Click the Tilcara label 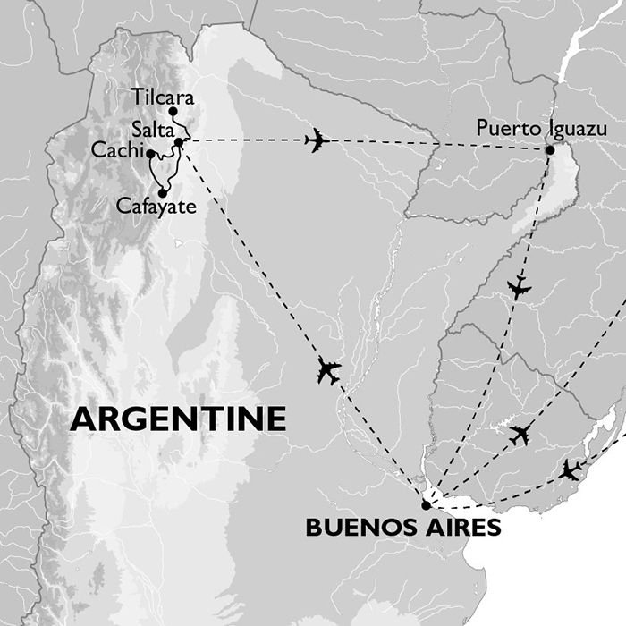click(x=161, y=96)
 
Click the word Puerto click(x=508, y=131)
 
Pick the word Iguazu click(x=576, y=131)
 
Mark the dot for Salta click(x=180, y=142)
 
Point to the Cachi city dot click(x=149, y=154)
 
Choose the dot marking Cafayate click(x=163, y=192)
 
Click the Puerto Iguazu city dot click(x=549, y=149)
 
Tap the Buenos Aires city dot click(x=426, y=504)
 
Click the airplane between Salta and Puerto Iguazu click(x=317, y=140)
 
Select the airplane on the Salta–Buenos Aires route click(x=329, y=370)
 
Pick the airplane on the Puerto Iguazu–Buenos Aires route click(x=519, y=288)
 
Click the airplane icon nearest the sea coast click(x=570, y=469)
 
